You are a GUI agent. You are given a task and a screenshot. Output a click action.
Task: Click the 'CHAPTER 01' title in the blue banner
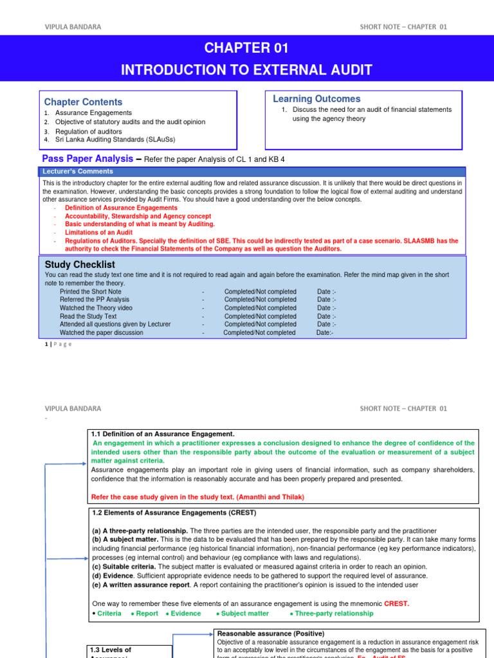[246, 48]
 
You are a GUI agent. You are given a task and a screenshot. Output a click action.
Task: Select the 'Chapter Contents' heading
[83, 102]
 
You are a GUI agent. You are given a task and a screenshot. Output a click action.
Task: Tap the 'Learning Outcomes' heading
[316, 99]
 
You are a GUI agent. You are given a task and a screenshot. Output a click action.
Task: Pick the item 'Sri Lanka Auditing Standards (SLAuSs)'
[115, 139]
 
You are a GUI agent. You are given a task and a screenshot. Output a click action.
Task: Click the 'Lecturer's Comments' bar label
[77, 172]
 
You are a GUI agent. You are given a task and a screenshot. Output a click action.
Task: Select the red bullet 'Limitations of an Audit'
[98, 233]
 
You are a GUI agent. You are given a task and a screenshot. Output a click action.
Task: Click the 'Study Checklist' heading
[80, 265]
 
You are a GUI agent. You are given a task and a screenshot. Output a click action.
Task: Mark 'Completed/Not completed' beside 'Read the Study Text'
[261, 316]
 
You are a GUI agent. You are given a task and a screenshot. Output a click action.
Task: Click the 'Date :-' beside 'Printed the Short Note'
[327, 291]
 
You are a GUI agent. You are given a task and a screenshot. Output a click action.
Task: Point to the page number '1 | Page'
[59, 344]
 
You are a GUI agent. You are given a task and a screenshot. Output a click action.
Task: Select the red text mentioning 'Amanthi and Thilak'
[197, 497]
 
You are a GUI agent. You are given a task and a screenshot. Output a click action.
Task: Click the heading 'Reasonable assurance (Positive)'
[271, 634]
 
